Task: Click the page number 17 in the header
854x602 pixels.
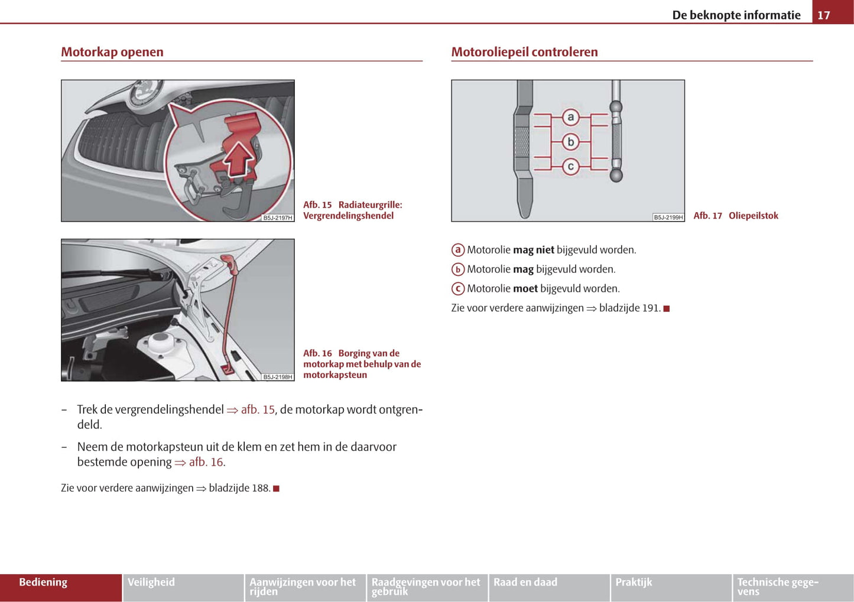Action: pos(823,15)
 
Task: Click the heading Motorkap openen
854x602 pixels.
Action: pos(112,52)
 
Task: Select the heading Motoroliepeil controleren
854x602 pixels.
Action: pos(524,52)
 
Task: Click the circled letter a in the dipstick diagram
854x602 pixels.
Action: pos(570,117)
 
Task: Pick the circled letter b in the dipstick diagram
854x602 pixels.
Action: pos(570,142)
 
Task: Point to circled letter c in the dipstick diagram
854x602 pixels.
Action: pos(570,167)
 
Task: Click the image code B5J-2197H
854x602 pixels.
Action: pos(278,218)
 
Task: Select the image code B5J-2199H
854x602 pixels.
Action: pos(668,217)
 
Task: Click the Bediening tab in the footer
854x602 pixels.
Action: pos(43,583)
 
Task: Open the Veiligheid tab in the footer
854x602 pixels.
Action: pos(151,583)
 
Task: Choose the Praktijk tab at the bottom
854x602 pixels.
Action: pos(634,583)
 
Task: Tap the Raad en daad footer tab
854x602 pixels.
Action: pos(525,583)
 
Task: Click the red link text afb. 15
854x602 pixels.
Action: pos(258,409)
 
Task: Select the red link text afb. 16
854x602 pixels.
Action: pos(206,462)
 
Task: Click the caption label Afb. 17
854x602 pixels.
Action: pos(708,216)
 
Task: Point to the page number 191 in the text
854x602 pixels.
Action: pos(651,308)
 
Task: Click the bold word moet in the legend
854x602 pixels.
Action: pos(525,289)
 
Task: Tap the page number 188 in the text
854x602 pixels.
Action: pos(261,488)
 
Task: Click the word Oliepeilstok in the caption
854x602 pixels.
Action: pos(754,216)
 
